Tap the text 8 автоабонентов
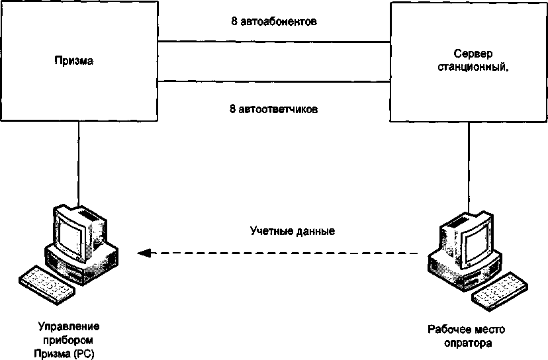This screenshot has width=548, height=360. (273, 21)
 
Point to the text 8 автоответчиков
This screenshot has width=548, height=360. (273, 109)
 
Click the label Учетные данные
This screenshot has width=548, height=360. (293, 232)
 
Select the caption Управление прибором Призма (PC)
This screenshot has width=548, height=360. (69, 339)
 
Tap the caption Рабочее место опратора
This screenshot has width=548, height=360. (461, 336)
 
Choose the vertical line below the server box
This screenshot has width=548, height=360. (470, 165)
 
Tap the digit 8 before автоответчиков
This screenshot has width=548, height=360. (232, 109)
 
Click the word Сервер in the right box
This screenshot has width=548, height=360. (471, 53)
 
